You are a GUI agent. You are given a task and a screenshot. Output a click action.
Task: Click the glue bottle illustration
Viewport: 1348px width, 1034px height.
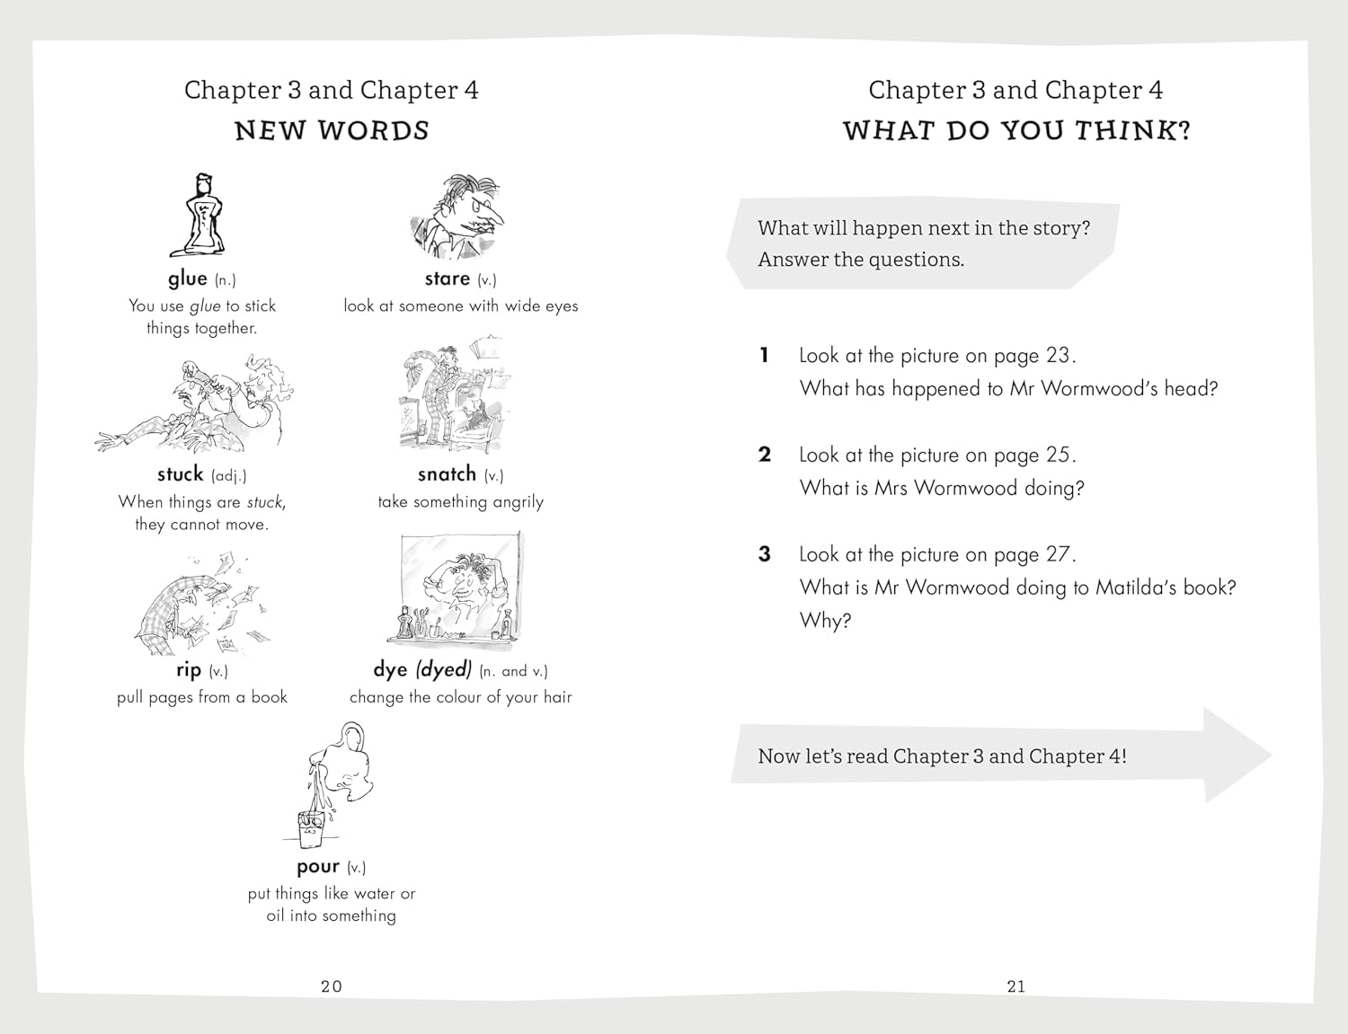(199, 216)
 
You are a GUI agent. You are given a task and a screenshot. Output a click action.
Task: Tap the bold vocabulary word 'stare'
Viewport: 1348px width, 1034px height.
(447, 278)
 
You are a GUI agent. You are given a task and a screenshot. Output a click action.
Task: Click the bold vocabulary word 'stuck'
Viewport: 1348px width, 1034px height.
(180, 474)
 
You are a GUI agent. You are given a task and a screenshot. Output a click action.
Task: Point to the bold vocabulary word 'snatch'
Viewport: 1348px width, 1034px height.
(447, 474)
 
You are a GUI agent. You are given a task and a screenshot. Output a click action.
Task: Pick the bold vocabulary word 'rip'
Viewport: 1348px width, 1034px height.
(189, 670)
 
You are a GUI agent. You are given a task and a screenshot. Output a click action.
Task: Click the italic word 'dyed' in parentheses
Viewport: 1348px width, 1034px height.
(443, 670)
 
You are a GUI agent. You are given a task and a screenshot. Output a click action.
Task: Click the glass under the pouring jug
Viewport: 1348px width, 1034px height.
(310, 828)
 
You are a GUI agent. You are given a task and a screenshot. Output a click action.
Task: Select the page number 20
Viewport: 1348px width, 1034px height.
(332, 986)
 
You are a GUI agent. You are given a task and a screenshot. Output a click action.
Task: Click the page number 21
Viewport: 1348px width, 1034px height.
(1016, 986)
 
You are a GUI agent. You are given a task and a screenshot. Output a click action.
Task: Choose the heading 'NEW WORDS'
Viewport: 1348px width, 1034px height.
(332, 131)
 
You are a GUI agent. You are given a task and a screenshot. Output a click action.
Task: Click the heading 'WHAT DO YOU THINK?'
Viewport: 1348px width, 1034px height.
(1016, 131)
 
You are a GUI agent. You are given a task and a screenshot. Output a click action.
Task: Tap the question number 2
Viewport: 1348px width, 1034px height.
(765, 455)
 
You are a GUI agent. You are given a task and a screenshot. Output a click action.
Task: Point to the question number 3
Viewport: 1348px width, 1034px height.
(765, 554)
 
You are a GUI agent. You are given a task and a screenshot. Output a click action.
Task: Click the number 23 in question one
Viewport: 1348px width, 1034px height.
(1058, 356)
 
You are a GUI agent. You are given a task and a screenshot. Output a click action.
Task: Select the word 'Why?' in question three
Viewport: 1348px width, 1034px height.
(825, 621)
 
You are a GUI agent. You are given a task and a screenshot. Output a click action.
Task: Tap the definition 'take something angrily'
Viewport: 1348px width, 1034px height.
(460, 502)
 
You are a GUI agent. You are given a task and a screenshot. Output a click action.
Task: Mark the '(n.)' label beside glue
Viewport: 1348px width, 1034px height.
(225, 280)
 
